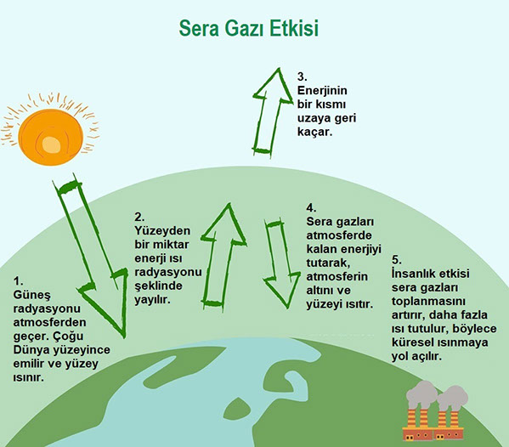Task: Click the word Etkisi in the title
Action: coord(295,28)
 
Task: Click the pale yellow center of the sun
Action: coord(51,144)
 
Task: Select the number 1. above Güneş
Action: coord(18,280)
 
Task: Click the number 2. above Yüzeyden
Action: coord(139,217)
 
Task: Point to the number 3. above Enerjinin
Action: coord(303,76)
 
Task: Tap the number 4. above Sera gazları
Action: coord(311,207)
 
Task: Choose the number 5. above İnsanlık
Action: coord(397,260)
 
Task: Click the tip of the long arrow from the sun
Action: coord(124,337)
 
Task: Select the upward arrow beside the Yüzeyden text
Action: coord(223,257)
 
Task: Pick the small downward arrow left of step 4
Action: coord(280,263)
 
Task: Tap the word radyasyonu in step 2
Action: coord(168,272)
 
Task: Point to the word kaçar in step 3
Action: coord(314,132)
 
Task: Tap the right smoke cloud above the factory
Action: coord(453,398)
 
